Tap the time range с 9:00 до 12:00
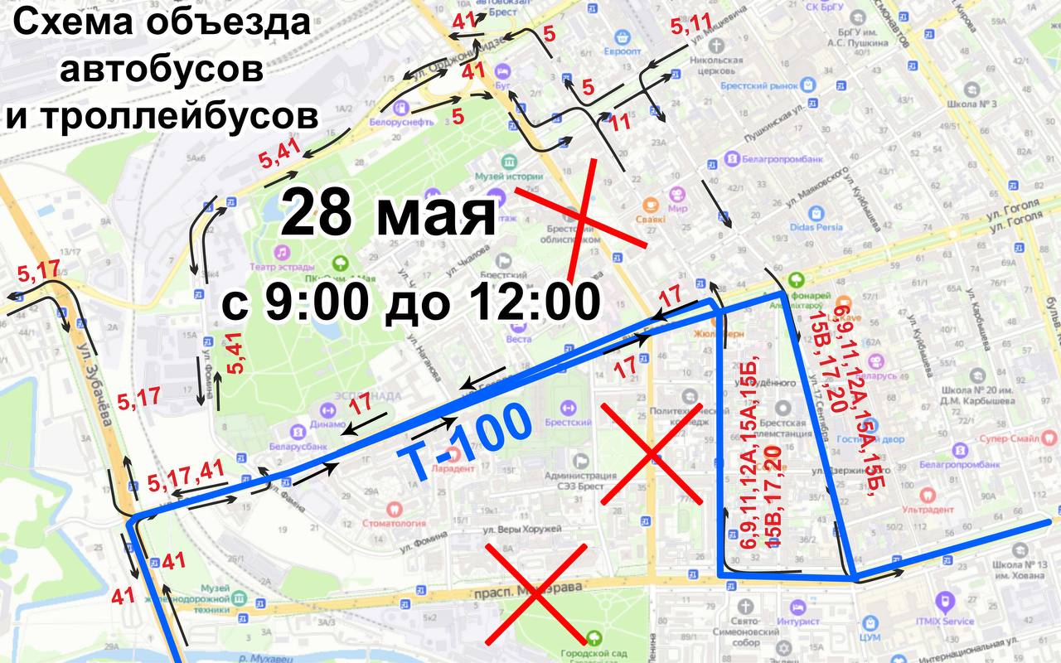pyautogui.click(x=410, y=302)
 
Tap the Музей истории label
pyautogui.click(x=508, y=177)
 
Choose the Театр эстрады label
pyautogui.click(x=281, y=267)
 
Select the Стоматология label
pyautogui.click(x=395, y=523)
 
